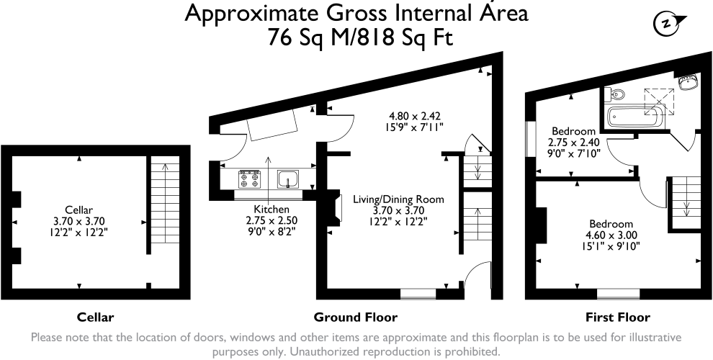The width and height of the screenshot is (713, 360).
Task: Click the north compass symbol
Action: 668,24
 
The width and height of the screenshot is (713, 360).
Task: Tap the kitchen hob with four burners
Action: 250,179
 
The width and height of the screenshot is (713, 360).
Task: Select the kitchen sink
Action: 288,179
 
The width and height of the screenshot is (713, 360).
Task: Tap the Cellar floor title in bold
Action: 96,318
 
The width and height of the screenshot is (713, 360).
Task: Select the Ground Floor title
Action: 356,318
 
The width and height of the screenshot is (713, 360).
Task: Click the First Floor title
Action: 617,318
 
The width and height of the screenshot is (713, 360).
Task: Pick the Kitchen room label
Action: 272,209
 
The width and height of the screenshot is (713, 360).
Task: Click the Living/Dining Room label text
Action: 399,199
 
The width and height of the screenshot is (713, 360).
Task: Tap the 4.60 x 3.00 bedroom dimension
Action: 611,235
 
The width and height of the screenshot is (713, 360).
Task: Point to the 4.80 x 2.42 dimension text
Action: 415,117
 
